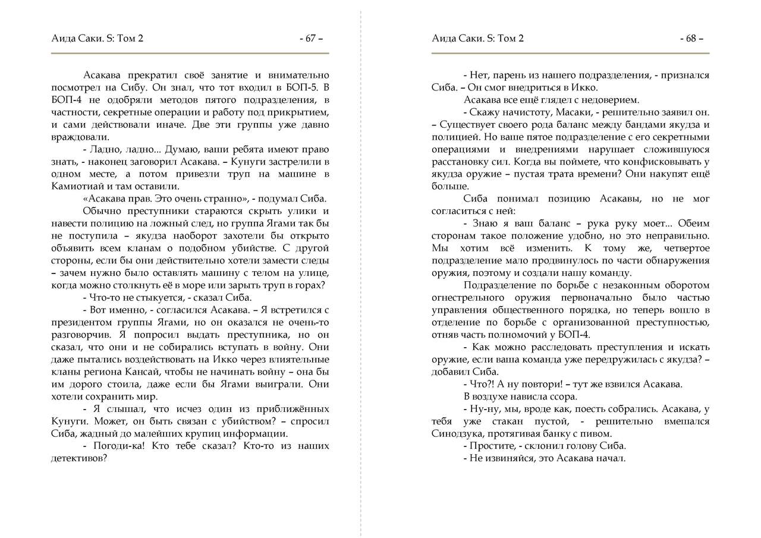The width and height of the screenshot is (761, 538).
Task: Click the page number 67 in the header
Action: (x=310, y=39)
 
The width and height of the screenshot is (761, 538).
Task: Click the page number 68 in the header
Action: (x=691, y=39)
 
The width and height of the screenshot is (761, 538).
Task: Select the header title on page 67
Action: (x=98, y=39)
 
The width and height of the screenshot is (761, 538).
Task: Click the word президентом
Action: (x=79, y=322)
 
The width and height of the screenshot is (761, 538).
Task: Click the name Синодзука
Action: (x=458, y=433)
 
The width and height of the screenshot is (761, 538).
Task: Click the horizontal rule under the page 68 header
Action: (x=570, y=54)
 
